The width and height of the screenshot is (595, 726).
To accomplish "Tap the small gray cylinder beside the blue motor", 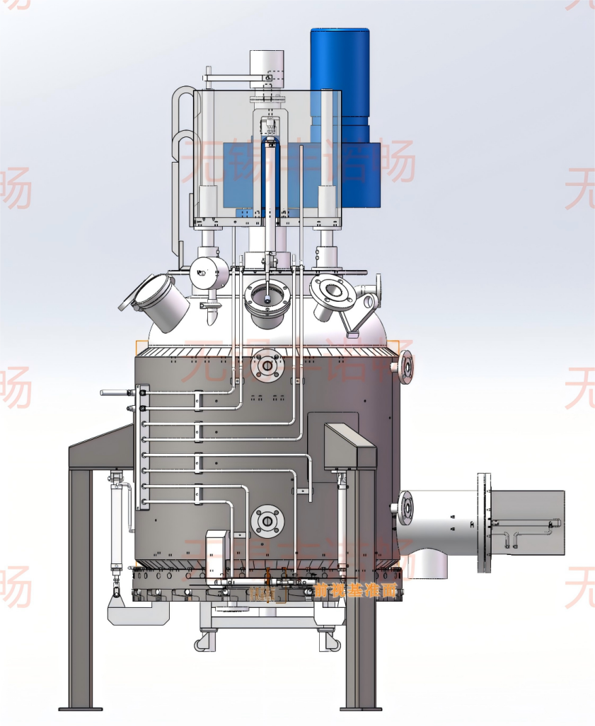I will (266, 64).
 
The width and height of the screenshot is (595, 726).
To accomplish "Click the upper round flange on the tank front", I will (267, 365).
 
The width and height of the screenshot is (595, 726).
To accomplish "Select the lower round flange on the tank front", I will (267, 522).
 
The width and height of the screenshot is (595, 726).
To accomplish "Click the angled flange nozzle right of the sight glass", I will (330, 293).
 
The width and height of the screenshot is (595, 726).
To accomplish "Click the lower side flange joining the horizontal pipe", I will (405, 507).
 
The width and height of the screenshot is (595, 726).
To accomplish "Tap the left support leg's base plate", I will (80, 708).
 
